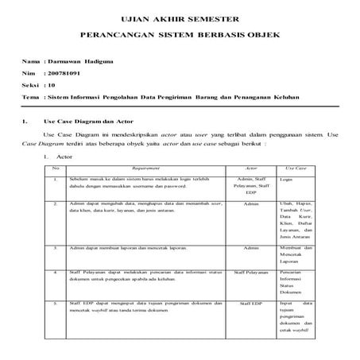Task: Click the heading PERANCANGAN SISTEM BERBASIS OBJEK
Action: tap(180, 37)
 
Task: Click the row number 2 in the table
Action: tap(55, 204)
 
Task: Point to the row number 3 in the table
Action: tap(55, 248)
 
